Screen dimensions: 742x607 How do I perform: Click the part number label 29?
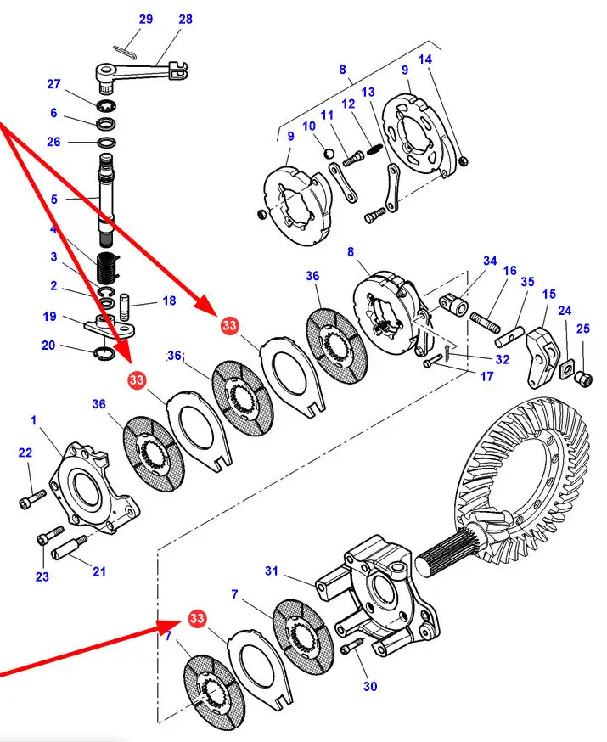[x=145, y=20]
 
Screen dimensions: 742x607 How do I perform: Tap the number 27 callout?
[x=54, y=84]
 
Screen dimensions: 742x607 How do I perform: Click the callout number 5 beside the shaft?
[x=53, y=200]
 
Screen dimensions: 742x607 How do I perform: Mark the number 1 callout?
[x=34, y=420]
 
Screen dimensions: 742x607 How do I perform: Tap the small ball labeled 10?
[x=330, y=153]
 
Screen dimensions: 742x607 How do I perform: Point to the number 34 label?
[x=490, y=261]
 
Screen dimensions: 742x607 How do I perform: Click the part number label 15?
[x=549, y=295]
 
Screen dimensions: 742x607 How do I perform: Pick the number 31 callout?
[x=271, y=571]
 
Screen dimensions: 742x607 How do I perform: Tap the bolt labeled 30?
[x=346, y=649]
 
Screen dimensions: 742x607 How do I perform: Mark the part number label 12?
[x=348, y=104]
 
